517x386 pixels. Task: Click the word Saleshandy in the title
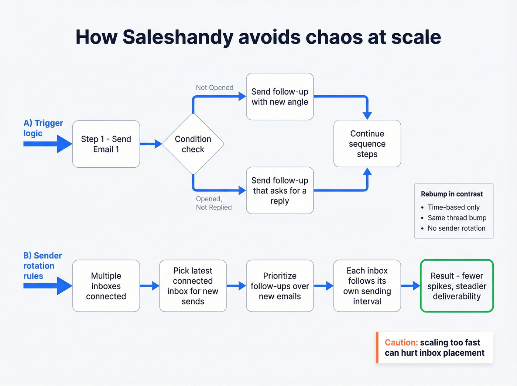point(178,37)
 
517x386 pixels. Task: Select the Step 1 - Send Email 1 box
point(106,144)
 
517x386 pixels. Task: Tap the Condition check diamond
point(193,144)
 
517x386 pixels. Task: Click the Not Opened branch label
point(215,88)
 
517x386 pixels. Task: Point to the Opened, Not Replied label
point(214,203)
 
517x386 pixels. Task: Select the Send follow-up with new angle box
point(280,96)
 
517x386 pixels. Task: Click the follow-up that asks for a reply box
point(280,191)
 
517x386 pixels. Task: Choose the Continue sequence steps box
point(367,144)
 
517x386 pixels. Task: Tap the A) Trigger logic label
point(43,128)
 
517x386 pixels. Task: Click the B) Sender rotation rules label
point(42,266)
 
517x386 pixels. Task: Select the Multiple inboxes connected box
point(106,286)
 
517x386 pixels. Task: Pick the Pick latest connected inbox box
point(193,286)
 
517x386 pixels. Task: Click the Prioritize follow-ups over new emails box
point(280,286)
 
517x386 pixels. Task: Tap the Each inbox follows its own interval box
point(367,286)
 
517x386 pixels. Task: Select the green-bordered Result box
point(457,286)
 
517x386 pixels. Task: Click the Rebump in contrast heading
point(452,194)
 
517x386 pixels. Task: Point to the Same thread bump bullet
point(457,218)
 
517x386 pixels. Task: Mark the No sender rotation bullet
point(456,228)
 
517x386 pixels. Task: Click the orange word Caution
point(401,342)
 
